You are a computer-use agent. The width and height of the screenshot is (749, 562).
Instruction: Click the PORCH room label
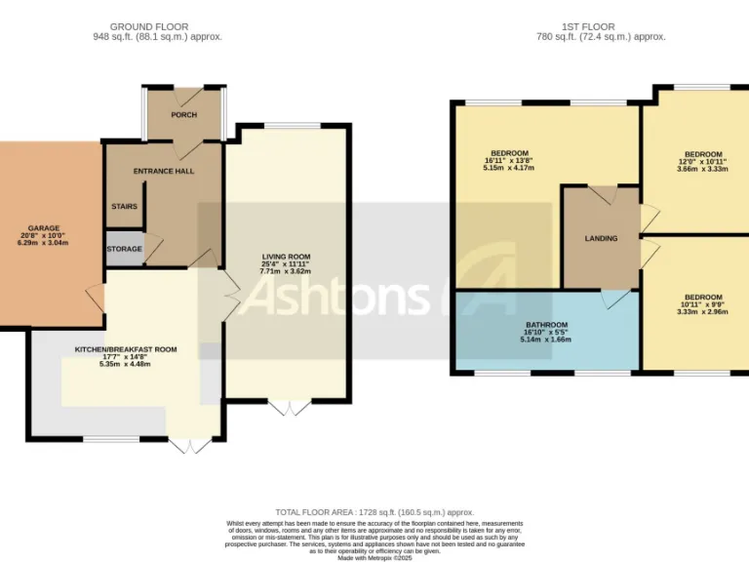183,115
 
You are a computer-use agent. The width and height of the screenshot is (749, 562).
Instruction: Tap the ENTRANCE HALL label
164,172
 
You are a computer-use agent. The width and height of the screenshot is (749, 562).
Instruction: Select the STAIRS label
125,207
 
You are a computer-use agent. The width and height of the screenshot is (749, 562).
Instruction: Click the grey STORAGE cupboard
125,249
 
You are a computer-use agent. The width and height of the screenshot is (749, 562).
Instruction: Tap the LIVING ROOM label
285,256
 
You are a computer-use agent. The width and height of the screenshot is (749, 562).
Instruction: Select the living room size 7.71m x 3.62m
285,271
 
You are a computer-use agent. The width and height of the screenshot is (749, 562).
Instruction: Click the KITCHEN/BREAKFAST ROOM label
126,349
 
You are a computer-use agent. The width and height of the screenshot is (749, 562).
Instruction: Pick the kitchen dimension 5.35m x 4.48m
126,364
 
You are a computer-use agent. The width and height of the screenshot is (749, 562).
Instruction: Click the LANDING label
601,238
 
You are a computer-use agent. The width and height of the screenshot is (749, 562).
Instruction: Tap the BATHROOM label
545,324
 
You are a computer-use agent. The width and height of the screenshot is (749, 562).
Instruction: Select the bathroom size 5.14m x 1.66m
545,340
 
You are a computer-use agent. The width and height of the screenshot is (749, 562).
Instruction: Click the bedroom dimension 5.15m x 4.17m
509,168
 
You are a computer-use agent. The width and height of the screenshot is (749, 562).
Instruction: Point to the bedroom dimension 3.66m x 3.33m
702,169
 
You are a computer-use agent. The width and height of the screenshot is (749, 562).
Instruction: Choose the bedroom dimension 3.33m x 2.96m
702,312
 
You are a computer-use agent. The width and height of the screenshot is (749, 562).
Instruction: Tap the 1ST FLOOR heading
601,26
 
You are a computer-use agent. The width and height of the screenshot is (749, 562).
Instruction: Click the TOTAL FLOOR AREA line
374,512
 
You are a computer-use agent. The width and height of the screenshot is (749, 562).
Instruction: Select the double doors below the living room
288,408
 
